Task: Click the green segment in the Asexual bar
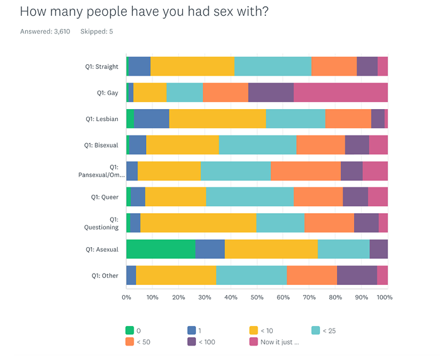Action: (x=161, y=249)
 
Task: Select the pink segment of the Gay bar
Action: (x=341, y=92)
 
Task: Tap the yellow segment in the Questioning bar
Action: (x=198, y=223)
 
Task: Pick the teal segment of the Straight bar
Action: (x=273, y=66)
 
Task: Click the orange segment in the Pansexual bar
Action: (x=306, y=171)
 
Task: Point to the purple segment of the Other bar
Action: (x=357, y=276)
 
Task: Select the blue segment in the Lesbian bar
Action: (x=152, y=119)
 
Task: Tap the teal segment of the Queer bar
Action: (x=249, y=197)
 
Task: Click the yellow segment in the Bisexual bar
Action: (x=183, y=144)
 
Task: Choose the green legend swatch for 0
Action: (x=130, y=330)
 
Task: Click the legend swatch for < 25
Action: (x=316, y=330)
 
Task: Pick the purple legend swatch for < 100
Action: (x=192, y=342)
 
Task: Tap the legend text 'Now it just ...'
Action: (x=280, y=342)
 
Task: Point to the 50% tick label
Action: (x=257, y=298)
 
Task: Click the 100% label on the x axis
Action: (x=384, y=298)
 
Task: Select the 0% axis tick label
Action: (x=126, y=298)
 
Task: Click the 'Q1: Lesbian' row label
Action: (x=102, y=119)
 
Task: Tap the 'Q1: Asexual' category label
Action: (x=102, y=250)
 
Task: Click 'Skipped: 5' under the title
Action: (x=96, y=32)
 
